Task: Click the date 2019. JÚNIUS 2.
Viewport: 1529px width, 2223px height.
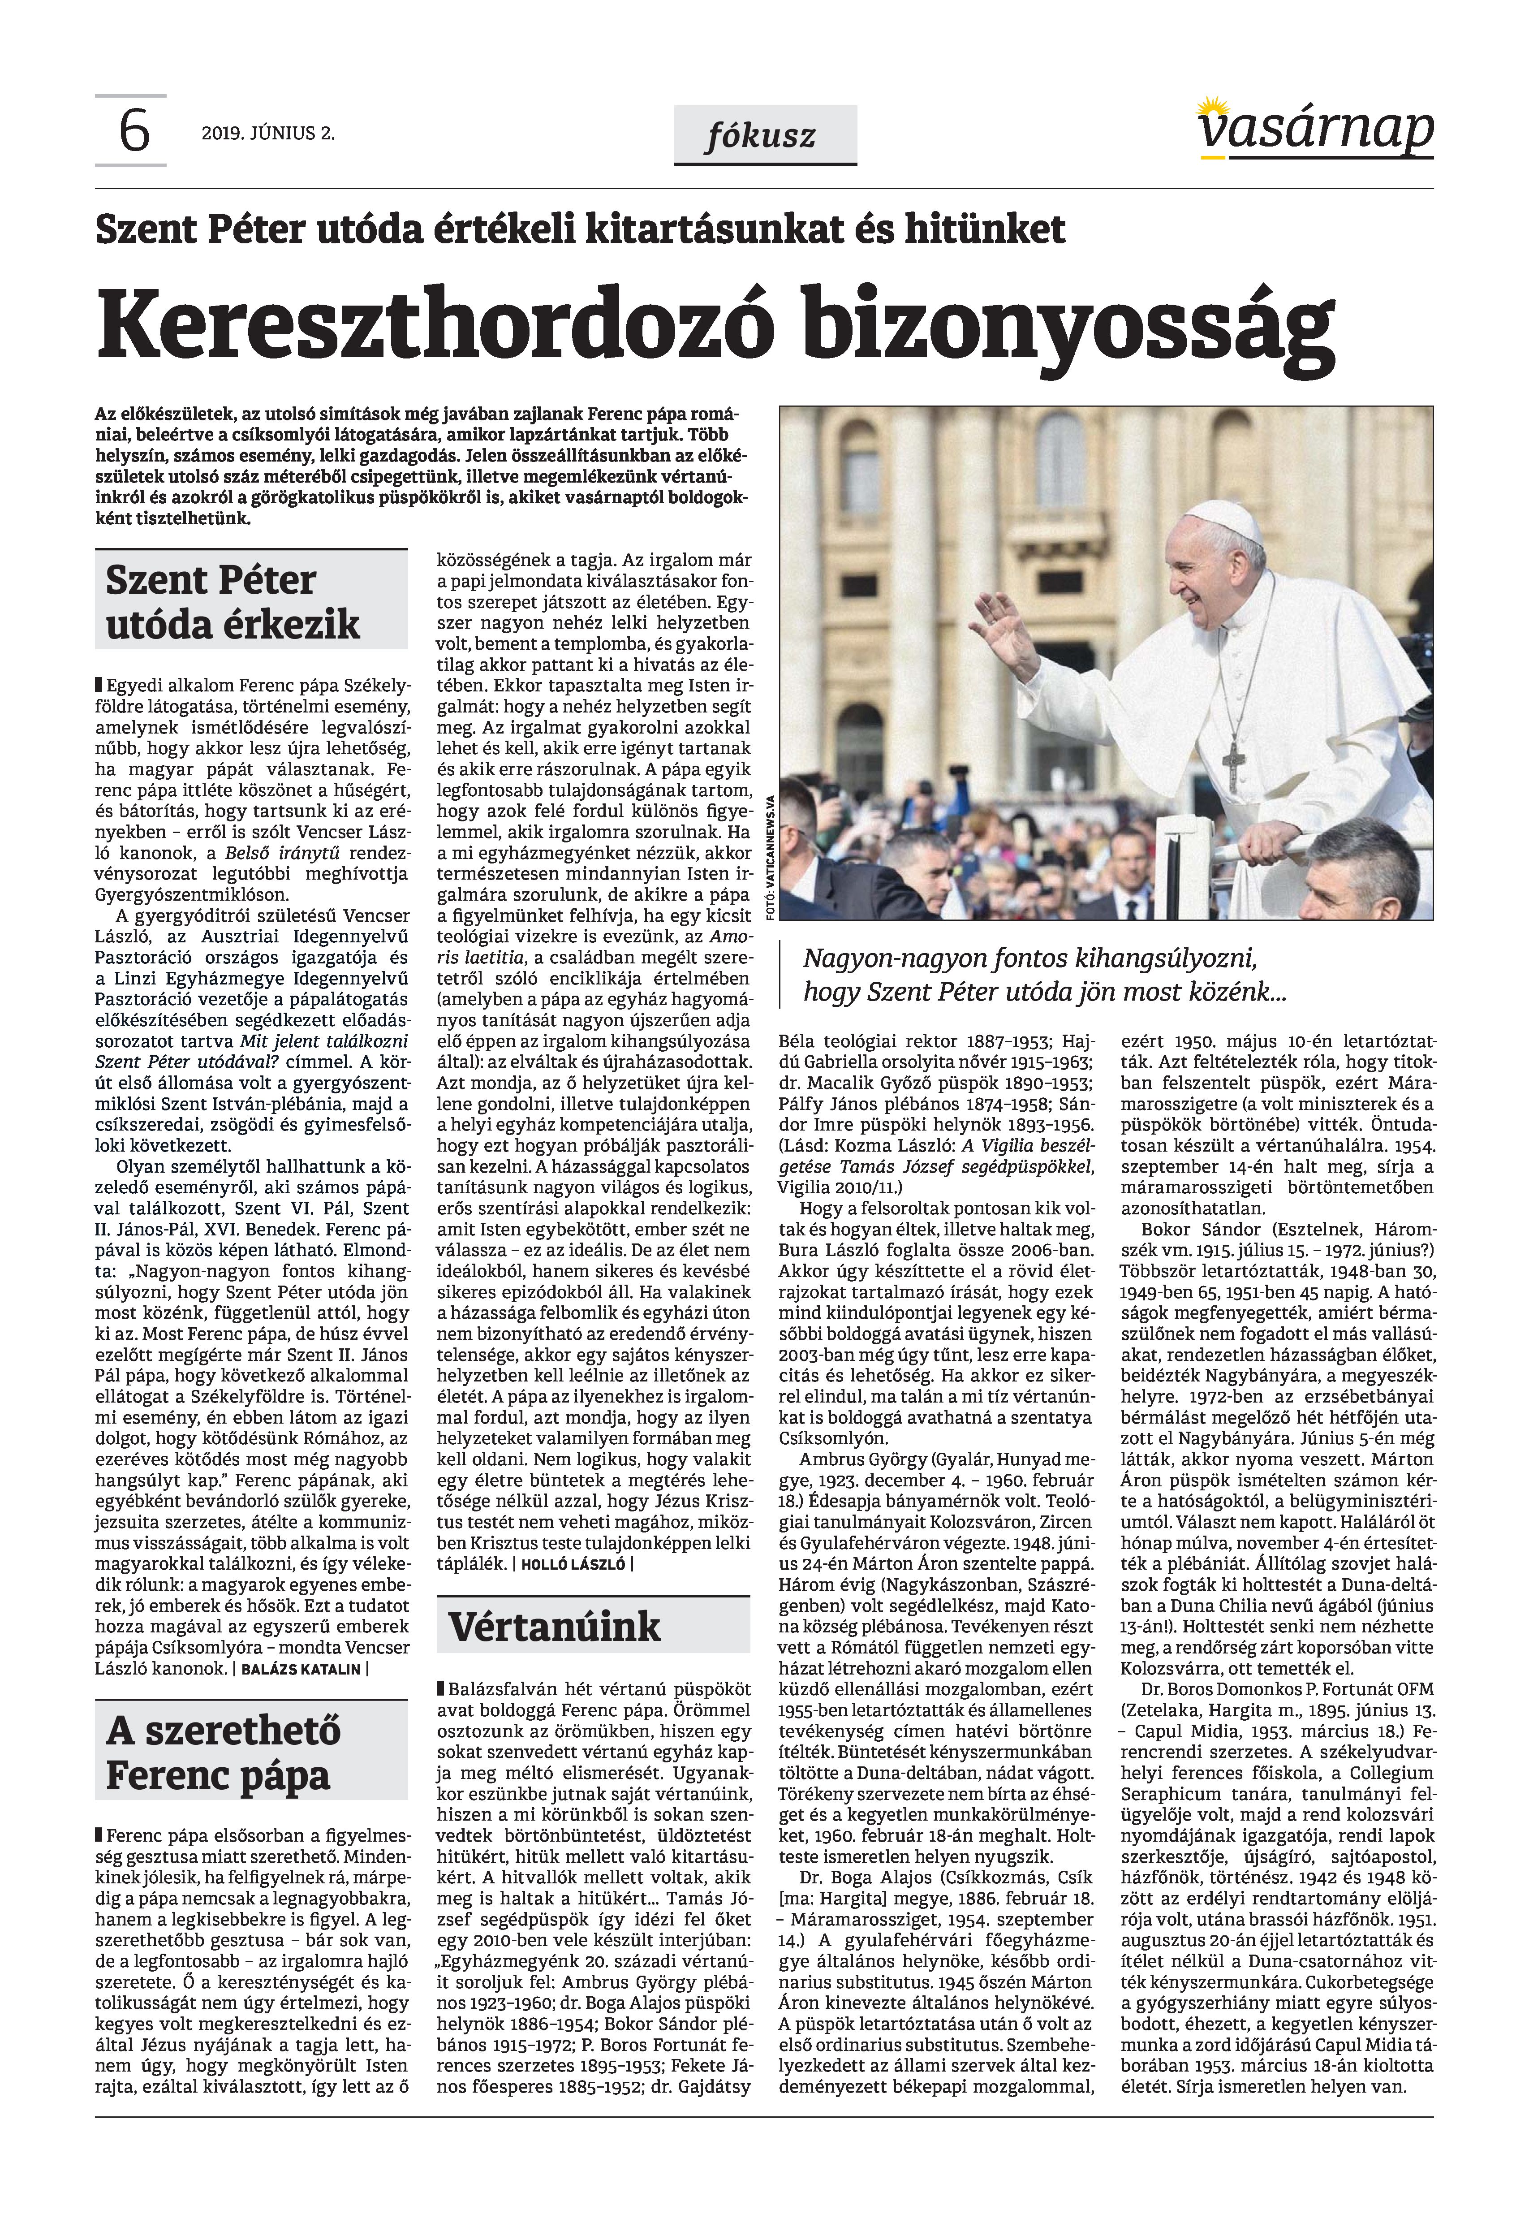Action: [268, 133]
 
